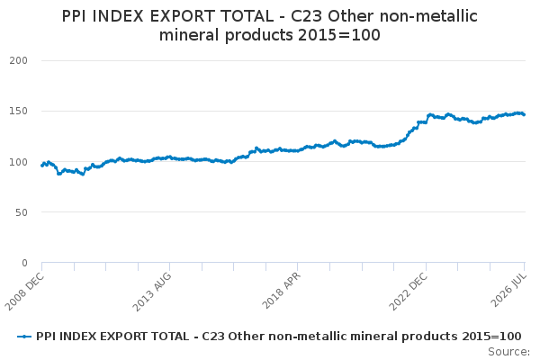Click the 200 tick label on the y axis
(x=18, y=60)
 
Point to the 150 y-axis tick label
(x=18, y=111)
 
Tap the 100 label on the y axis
(x=18, y=162)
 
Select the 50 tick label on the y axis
(x=22, y=212)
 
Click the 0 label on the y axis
(x=24, y=263)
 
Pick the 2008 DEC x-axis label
(x=25, y=291)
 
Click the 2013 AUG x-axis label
(x=152, y=291)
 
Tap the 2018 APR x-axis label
(x=282, y=290)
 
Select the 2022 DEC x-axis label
(x=409, y=291)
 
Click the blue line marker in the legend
(x=24, y=337)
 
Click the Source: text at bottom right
(x=509, y=352)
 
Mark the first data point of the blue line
(x=42, y=166)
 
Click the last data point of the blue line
(x=524, y=114)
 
